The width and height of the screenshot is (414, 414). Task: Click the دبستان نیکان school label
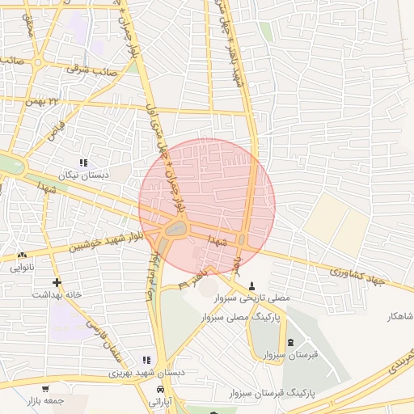[x=83, y=175]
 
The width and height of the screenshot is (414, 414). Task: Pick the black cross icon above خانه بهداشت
[x=56, y=282]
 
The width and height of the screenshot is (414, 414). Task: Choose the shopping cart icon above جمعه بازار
[x=45, y=389]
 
